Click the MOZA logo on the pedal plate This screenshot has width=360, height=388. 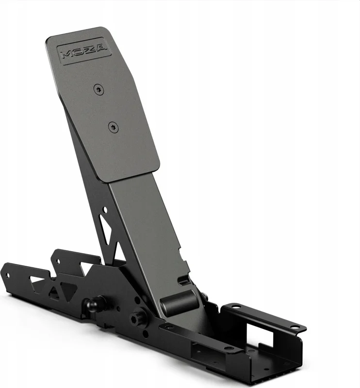(x=83, y=51)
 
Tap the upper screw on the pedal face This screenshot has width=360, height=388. (x=99, y=89)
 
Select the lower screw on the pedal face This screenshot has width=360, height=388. (x=114, y=128)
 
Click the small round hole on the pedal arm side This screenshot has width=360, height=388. (x=105, y=210)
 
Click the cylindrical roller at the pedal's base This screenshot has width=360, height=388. (x=179, y=302)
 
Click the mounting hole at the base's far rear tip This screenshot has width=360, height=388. (x=8, y=275)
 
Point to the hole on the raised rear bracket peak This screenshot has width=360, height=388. (x=58, y=261)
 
